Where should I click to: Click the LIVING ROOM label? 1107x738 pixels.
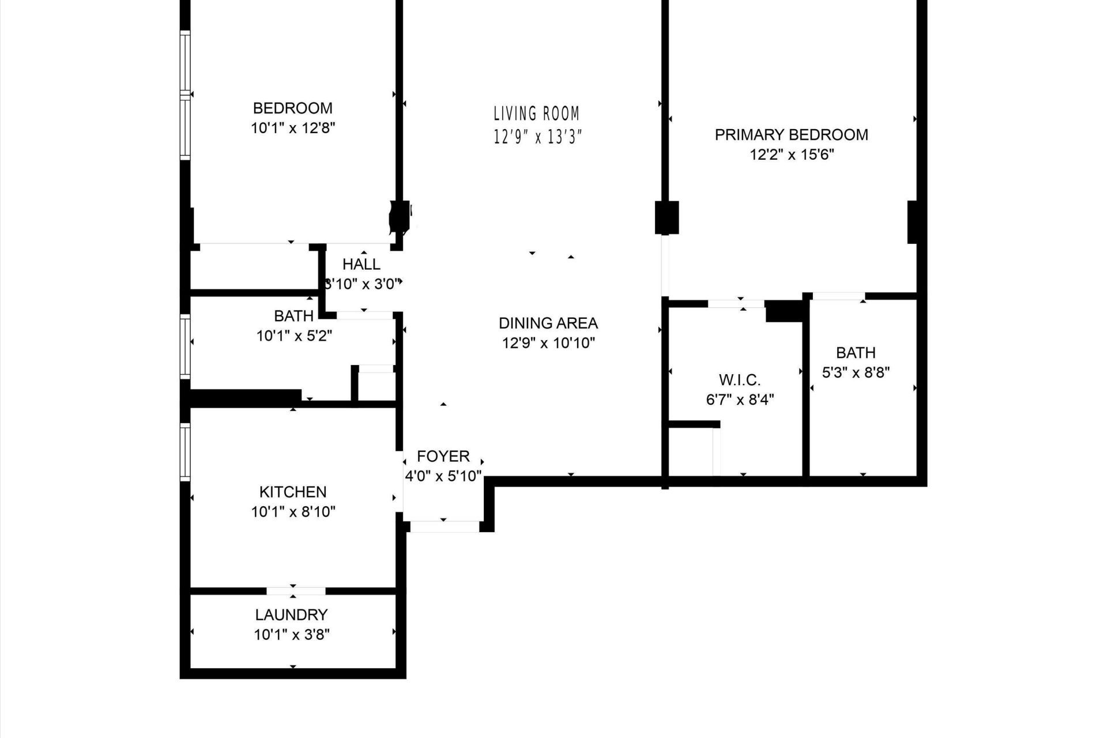[x=536, y=114]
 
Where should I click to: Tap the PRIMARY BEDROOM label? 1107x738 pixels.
[x=791, y=135]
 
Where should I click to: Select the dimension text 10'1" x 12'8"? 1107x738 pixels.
[x=293, y=128]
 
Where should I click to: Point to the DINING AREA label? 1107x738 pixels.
[x=548, y=323]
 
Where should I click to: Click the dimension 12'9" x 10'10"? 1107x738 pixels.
[x=548, y=343]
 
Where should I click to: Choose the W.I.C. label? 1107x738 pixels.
[x=740, y=380]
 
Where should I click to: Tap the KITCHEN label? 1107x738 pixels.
[x=293, y=492]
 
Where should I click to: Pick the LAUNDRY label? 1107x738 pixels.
[x=292, y=615]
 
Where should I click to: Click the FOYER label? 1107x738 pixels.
[x=443, y=457]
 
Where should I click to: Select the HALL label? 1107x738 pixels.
[x=362, y=264]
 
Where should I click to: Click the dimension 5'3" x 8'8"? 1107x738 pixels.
[x=856, y=372]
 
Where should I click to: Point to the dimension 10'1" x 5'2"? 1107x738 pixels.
[x=294, y=336]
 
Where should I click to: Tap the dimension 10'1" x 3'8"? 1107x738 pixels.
[x=292, y=635]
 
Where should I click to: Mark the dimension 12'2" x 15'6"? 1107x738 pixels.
[x=792, y=155]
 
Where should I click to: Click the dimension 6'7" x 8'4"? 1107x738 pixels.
[x=740, y=400]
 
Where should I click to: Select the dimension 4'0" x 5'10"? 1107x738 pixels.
[x=443, y=477]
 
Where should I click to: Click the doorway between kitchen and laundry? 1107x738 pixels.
[x=296, y=591]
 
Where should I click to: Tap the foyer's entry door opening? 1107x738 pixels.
[x=444, y=526]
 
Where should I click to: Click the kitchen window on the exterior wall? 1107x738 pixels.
[x=185, y=452]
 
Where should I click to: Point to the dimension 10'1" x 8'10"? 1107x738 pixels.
[x=293, y=511]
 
